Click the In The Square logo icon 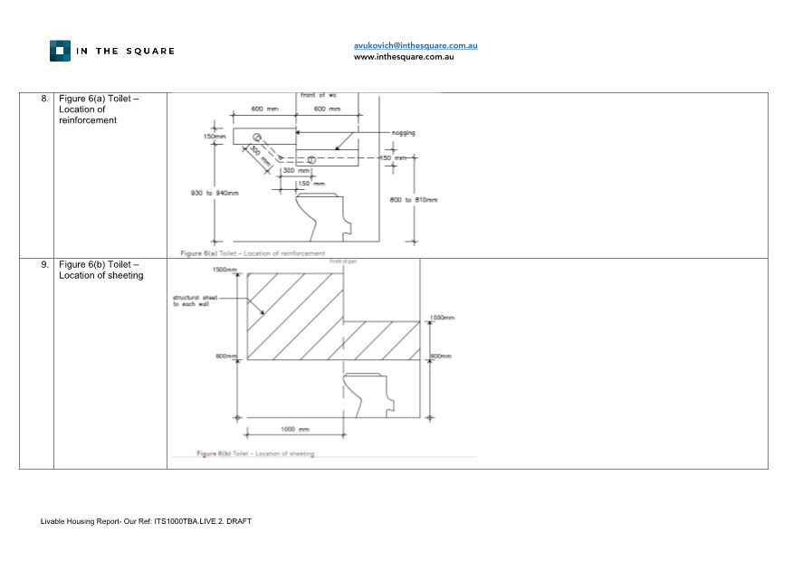(60, 51)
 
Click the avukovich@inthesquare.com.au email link (416, 45)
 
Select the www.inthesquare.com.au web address (403, 57)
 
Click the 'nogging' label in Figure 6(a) (403, 132)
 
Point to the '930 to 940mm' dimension (214, 192)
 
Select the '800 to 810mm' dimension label (413, 199)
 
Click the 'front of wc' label (319, 95)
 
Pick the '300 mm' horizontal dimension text (295, 170)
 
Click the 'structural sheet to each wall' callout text (196, 300)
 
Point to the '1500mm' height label (225, 270)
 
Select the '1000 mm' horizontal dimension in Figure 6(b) (295, 429)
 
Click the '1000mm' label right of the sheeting (442, 319)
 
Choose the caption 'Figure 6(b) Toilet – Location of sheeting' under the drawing (255, 453)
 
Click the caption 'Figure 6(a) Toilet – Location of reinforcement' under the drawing (253, 253)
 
